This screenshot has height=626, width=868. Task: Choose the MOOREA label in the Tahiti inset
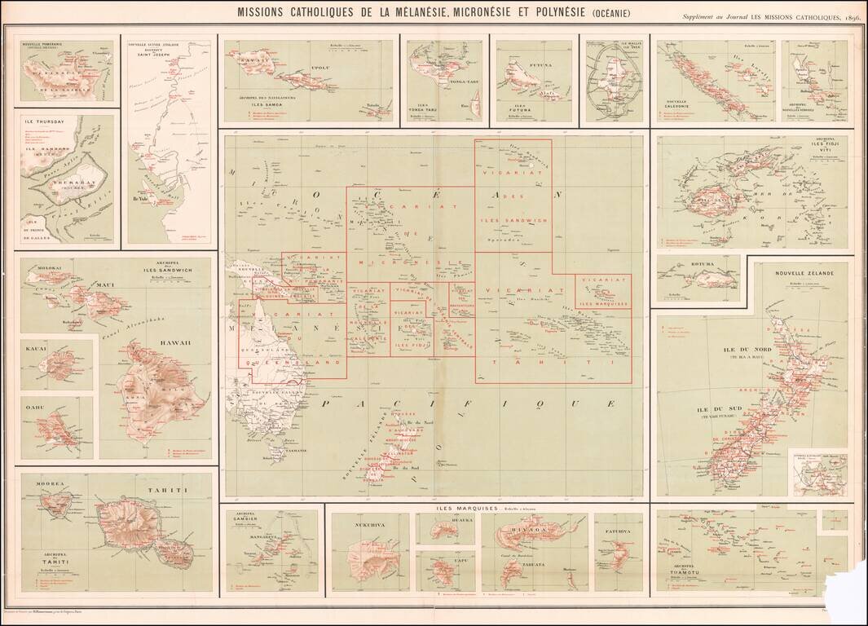pos(49,483)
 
